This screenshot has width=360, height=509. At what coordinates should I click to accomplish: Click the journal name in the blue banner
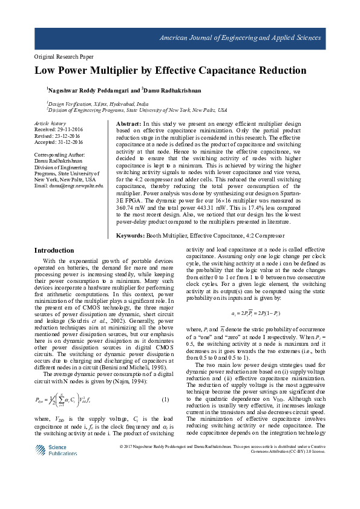click(240, 38)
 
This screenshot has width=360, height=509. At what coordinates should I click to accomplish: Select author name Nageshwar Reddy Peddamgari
click(89, 89)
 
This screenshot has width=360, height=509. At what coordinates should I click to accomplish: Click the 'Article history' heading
click(50, 123)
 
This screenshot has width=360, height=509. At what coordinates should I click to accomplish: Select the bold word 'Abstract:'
click(128, 123)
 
